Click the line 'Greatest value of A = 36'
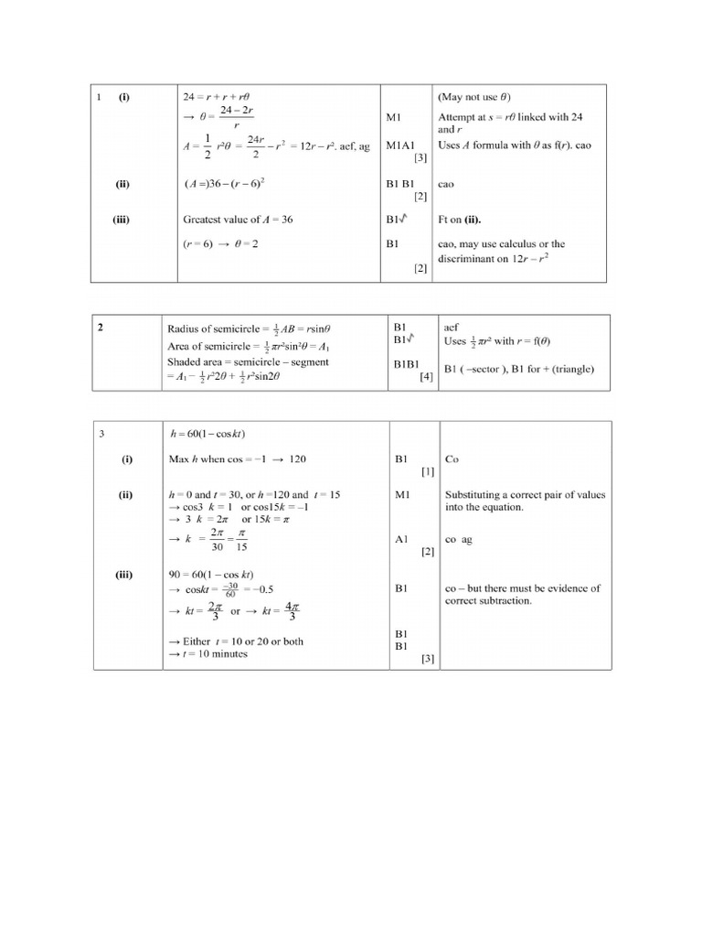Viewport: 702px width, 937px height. tap(239, 219)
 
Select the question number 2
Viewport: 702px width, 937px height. tap(99, 327)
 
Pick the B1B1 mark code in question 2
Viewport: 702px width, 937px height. tap(406, 363)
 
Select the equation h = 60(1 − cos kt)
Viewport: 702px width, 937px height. tap(207, 434)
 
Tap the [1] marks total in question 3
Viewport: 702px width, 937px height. tap(427, 472)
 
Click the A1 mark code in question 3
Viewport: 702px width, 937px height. tap(400, 540)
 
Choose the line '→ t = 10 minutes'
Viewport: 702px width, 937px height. tap(207, 654)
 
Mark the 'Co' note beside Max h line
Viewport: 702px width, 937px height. tap(452, 459)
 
